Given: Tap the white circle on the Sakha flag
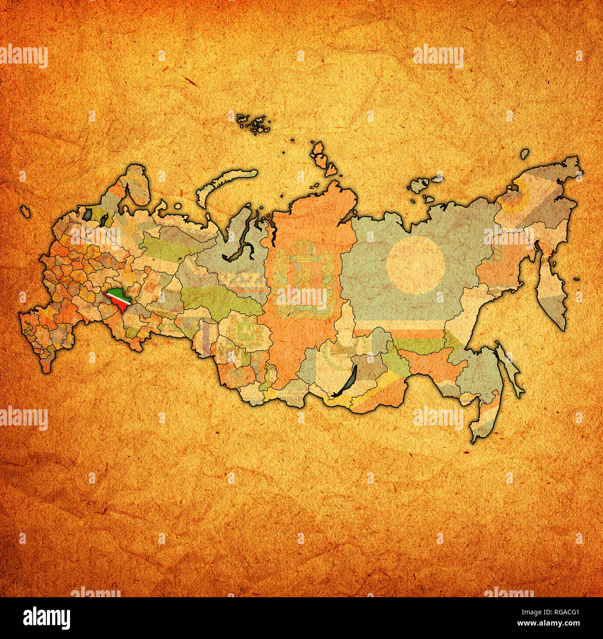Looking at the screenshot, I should [416, 265].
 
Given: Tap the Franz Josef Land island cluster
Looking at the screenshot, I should [253, 123].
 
